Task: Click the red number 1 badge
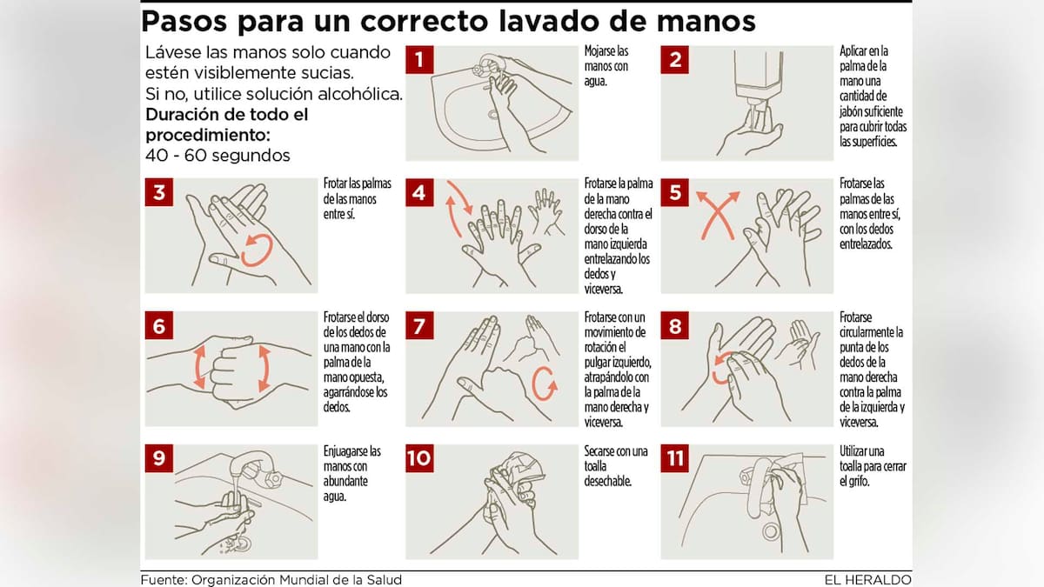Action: point(419,60)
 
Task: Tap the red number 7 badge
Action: point(419,325)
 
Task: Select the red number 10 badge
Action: point(419,458)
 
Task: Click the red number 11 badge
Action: point(675,458)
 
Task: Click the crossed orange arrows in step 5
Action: point(719,216)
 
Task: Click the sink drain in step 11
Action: point(771,531)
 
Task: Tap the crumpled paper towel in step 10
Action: point(519,473)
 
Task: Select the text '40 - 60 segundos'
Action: point(217,155)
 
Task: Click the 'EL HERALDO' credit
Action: point(868,579)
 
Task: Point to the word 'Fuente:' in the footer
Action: point(164,579)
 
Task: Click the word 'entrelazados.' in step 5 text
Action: point(866,244)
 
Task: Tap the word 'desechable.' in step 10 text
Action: point(608,481)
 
